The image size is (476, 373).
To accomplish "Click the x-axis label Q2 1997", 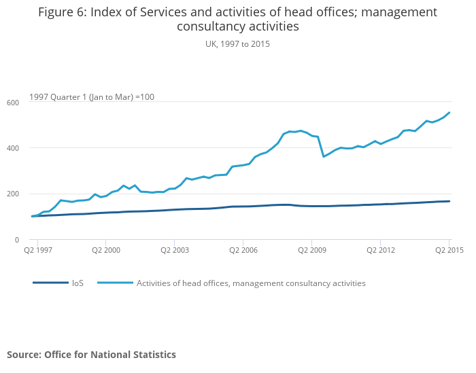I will point(37,250).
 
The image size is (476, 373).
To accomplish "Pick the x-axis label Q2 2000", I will point(106,250).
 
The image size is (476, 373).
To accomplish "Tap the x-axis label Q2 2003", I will point(175,250).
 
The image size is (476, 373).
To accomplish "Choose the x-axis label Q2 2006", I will point(243,250).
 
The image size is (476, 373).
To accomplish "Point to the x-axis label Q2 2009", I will point(312,250).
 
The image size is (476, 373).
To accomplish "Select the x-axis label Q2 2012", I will point(381,250).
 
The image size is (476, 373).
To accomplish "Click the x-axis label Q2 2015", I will point(449,250).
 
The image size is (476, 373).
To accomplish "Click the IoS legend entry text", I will point(78,283).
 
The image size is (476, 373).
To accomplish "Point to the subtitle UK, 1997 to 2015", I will point(238,43).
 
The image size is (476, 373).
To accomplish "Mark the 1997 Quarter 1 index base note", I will point(92,97).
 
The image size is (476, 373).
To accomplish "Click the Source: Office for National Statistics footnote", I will point(91,355).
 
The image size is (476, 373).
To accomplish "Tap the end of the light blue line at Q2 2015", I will point(449,113).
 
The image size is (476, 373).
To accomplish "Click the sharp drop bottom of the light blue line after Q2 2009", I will point(324,157).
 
